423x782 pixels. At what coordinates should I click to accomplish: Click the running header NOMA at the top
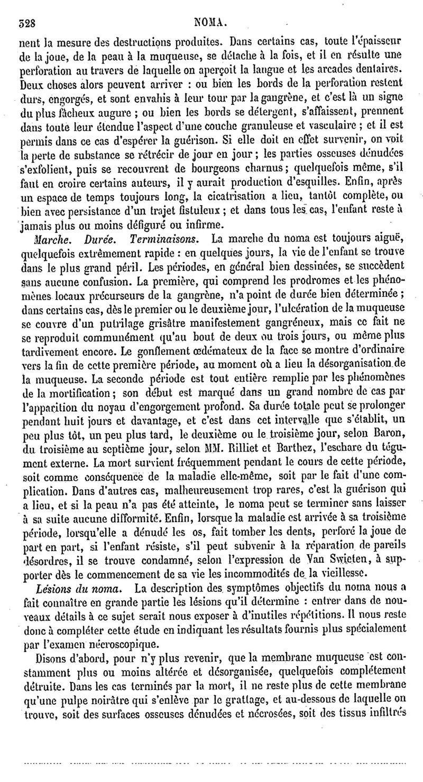(x=212, y=23)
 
